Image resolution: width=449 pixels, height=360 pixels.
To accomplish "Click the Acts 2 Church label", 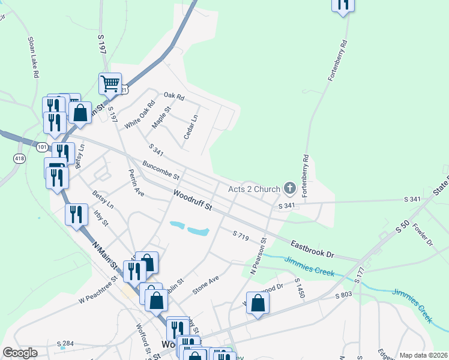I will click(x=254, y=189).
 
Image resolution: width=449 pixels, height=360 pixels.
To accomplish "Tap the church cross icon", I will click(x=290, y=189).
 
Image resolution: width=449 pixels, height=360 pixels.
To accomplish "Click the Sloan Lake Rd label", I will click(x=33, y=57).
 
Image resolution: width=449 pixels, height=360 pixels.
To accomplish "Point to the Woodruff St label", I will click(x=193, y=200).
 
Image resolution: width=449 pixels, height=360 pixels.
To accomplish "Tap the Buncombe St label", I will click(x=161, y=170).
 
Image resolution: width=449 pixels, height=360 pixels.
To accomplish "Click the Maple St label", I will click(x=161, y=117).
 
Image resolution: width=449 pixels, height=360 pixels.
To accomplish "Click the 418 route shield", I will click(x=20, y=158).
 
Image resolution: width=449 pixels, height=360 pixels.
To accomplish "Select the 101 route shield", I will click(x=41, y=146).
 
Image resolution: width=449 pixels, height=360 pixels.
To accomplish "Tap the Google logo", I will click(x=20, y=353).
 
